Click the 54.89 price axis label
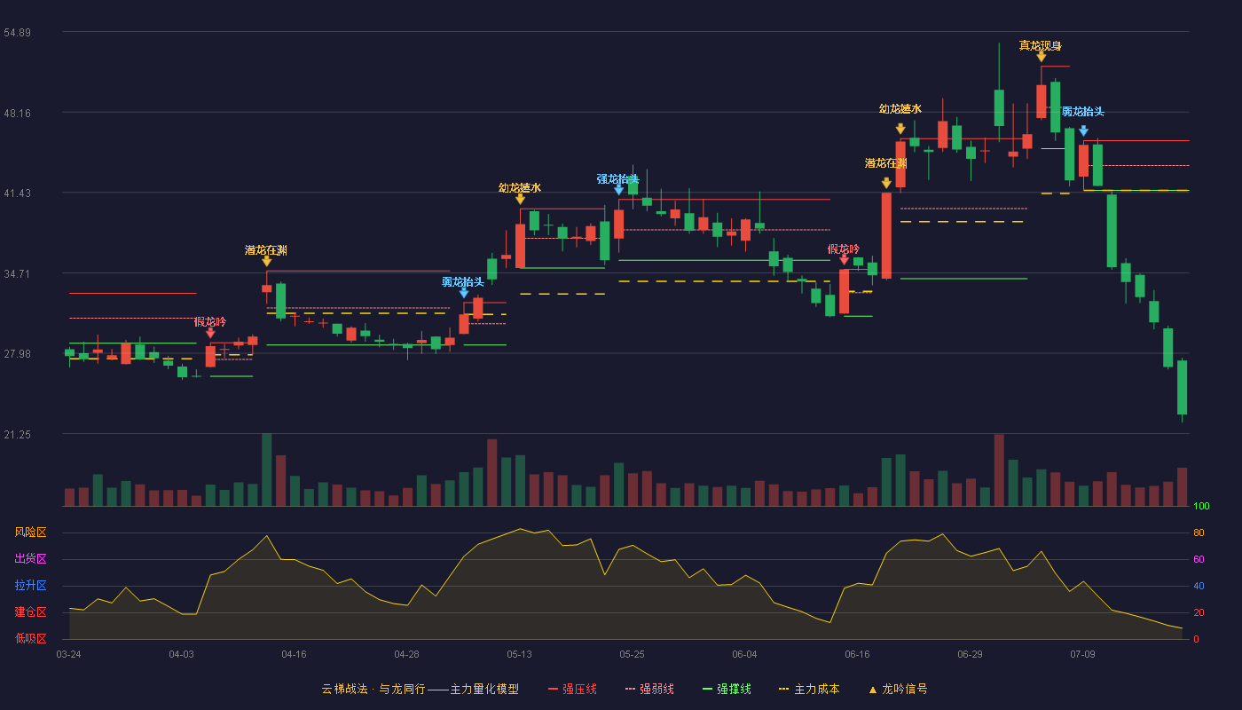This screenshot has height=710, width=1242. click(17, 33)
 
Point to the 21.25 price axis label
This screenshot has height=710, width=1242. click(17, 435)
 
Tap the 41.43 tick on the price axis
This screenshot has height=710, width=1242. click(17, 193)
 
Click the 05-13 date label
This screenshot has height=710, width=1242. click(519, 655)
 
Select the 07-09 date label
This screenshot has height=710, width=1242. click(1082, 655)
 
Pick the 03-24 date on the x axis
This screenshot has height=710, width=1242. click(69, 655)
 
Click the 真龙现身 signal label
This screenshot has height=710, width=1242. click(1040, 45)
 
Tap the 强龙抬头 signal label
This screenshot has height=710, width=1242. click(617, 179)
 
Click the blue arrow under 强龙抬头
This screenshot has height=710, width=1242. click(619, 190)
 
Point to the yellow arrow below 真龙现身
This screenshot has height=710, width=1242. click(1042, 57)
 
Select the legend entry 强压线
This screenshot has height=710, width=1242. click(572, 689)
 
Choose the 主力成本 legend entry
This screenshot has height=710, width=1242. click(809, 689)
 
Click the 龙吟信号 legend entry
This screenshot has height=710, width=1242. click(898, 689)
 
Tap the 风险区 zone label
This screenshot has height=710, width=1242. click(30, 532)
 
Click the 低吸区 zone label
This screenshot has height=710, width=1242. click(30, 639)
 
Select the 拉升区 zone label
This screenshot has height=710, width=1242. click(30, 586)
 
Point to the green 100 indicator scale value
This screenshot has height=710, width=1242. click(1201, 506)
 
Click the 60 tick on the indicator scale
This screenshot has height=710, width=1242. click(1199, 559)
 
